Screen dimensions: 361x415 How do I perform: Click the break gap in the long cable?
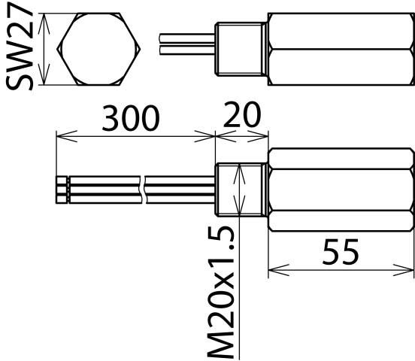[143, 189]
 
